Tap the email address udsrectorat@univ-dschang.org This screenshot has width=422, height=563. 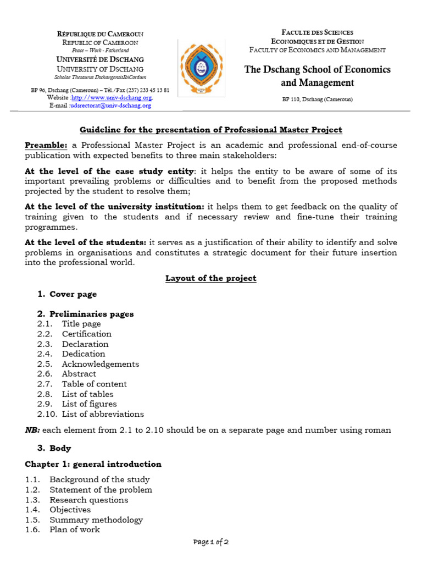pos(111,106)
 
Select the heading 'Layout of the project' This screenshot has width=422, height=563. pos(211,278)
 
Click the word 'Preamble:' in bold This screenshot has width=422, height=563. pos(46,145)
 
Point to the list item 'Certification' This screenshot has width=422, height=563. pos(86,334)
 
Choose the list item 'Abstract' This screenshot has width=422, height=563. pos(79,374)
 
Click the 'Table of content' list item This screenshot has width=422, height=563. pos(94,384)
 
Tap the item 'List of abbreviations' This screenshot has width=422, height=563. pos(103,414)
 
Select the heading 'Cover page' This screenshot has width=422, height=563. pos(73,294)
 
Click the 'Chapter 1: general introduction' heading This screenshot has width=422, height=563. pos(93,464)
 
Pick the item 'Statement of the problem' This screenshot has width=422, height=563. pos(101,490)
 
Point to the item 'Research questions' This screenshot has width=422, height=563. pos(88,500)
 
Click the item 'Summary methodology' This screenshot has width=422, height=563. pos(96,520)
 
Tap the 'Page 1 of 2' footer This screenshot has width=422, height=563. pos(211,542)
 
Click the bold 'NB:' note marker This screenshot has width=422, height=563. pos(32,430)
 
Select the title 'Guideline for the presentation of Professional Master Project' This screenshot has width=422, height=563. pos(211,130)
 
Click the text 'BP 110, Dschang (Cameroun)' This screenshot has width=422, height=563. pos(317,100)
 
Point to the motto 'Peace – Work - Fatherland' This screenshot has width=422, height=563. pos(99,51)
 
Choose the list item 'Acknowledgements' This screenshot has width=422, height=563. pos(100,364)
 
